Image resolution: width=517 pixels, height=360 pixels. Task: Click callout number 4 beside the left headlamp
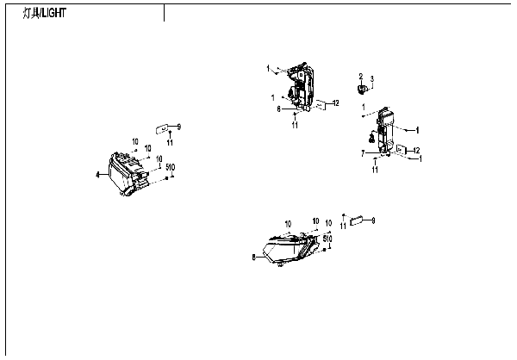97,175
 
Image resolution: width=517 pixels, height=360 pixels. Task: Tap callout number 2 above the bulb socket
361,77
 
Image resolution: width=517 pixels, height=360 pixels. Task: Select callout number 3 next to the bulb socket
372,80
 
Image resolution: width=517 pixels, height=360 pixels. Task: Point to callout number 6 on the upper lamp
279,109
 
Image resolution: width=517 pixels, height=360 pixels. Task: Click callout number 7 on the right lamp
364,152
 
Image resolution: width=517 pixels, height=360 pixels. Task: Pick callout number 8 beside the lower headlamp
252,257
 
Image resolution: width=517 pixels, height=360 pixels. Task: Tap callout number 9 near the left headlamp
179,127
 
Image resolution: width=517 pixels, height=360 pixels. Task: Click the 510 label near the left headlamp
171,166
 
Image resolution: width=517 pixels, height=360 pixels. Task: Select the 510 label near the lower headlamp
327,239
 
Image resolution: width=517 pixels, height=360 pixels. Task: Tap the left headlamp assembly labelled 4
126,175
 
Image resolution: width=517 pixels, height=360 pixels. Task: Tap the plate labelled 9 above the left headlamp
159,127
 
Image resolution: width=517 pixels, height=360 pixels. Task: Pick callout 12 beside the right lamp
416,151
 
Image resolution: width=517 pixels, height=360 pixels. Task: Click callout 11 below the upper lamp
295,126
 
